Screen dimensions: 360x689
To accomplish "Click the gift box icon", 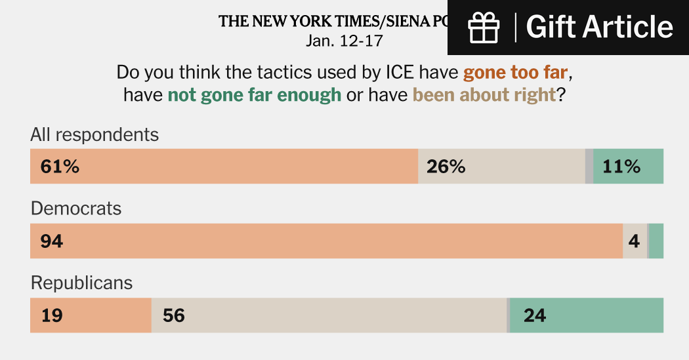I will pos(484,28).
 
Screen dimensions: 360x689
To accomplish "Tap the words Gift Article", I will pos(600,28).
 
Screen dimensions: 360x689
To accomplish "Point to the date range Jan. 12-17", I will pos(344,41).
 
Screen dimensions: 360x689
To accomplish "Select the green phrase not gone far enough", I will pos(255,94).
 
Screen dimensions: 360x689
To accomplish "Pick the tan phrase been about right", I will pos(484,94).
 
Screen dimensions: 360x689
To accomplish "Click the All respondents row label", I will pos(94,134).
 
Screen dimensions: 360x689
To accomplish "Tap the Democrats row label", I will pos(76,209).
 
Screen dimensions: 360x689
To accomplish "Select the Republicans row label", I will pos(82,283).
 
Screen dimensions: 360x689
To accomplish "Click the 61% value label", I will pos(60,167).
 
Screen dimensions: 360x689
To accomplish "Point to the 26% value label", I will pos(446,167).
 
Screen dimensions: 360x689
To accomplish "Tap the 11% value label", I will pos(621,167).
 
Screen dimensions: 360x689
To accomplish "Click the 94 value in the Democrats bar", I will pos(52,241).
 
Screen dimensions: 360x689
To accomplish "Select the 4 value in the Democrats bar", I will pos(634,241).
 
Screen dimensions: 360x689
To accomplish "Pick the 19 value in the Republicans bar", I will pos(52,315).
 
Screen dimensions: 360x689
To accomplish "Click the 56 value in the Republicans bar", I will pos(174,315).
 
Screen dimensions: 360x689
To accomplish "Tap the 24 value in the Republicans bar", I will pos(535,315).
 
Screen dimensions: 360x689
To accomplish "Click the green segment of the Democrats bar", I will pos(656,241).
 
